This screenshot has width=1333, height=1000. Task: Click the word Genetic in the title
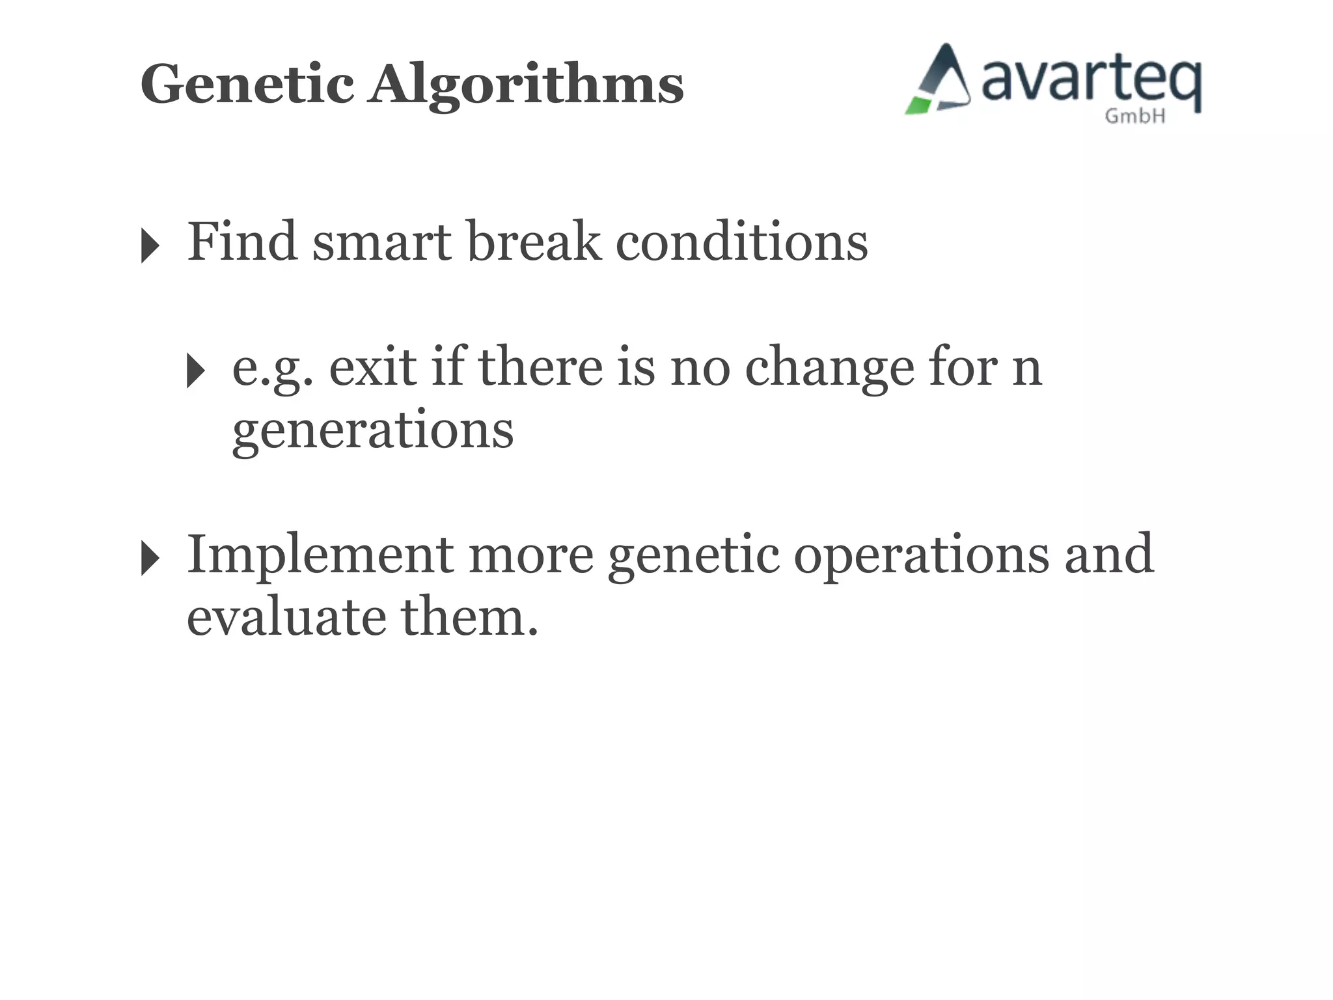[x=247, y=85]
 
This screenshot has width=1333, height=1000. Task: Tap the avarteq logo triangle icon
[x=939, y=81]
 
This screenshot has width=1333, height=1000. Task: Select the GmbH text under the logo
[x=1135, y=117]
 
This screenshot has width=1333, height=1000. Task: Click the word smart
[x=382, y=242]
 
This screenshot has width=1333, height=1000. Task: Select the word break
[x=534, y=242]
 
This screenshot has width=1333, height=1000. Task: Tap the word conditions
[x=741, y=242]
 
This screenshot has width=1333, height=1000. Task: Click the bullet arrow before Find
[x=150, y=246]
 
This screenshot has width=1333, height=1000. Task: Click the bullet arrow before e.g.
[x=195, y=370]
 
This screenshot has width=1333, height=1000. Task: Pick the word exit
[x=372, y=367]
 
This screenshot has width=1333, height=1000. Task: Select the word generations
[x=373, y=430]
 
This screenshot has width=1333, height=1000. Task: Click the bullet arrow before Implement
[x=150, y=559]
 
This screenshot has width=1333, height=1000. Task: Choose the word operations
[x=921, y=555]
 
